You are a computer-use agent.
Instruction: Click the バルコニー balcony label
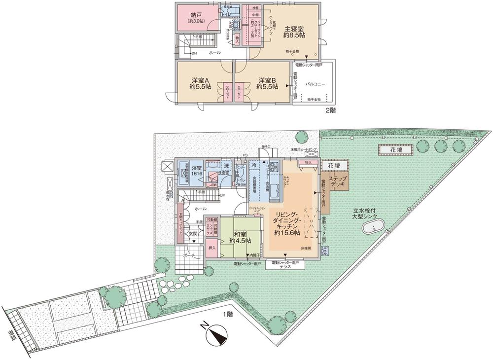coord(315,84)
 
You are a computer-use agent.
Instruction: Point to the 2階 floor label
coord(330,110)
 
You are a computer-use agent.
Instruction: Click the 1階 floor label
coord(227,314)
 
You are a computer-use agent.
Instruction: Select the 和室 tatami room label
coord(240,238)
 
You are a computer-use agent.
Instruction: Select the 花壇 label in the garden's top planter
coord(391,149)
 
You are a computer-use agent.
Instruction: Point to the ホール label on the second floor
coord(215,52)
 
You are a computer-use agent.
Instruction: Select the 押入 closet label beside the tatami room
coord(211,249)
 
